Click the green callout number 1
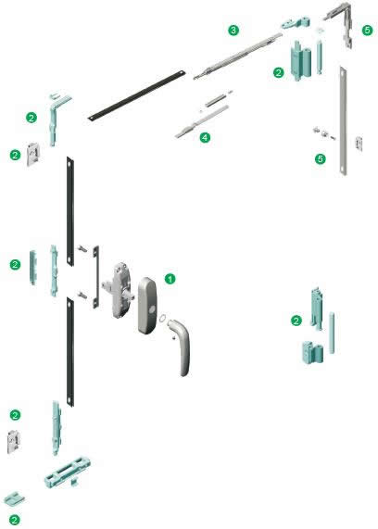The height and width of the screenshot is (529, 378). point(170,279)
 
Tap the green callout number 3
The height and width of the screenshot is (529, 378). point(233,30)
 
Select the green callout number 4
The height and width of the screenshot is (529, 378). point(205,137)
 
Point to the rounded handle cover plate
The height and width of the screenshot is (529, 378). point(147,306)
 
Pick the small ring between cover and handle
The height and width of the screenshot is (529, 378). point(163,318)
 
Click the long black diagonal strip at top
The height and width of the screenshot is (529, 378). point(137,95)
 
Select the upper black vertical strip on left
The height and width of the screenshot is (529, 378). point(69,211)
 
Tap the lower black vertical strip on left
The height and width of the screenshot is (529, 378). point(70,352)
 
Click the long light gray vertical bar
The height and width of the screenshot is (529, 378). point(343,120)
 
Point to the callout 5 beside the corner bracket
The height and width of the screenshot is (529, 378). point(368,31)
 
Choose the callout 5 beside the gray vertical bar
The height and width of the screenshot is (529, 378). point(321,158)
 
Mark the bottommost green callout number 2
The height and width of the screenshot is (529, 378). point(15,520)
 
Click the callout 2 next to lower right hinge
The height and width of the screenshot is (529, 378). point(296,321)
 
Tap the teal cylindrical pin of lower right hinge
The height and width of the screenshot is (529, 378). point(332,333)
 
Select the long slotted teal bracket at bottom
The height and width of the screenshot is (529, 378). point(68,472)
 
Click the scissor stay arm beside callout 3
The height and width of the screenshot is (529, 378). point(237,56)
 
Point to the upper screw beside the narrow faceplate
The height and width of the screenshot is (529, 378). point(82,249)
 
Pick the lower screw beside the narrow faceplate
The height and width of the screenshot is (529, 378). point(82,295)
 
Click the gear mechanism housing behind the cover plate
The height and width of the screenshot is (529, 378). point(119,290)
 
